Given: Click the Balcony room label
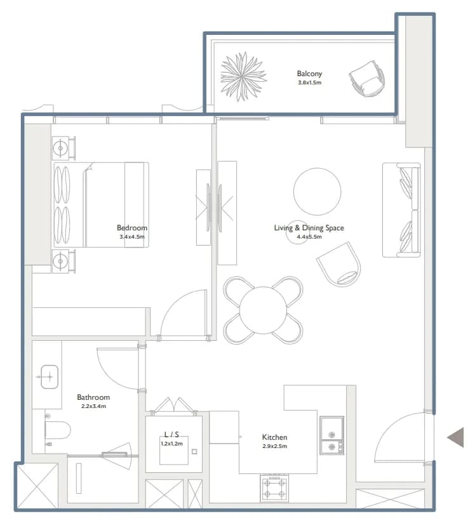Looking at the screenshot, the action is [309, 74].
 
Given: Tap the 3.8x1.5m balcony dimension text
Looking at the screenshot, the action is [310, 82].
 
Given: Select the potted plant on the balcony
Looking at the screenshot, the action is [243, 76].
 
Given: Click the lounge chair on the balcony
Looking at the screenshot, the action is [366, 79].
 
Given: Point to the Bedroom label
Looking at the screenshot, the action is [132, 228].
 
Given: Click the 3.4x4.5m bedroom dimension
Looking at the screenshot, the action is [132, 237].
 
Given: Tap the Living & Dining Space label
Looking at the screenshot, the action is [309, 228].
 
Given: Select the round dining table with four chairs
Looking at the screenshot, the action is [263, 310].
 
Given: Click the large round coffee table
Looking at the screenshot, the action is [317, 191].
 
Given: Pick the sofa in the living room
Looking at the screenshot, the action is [401, 210].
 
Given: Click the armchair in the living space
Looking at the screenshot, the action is [339, 265].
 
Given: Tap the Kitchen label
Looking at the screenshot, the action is [274, 437].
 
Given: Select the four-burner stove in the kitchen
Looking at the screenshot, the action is [274, 488].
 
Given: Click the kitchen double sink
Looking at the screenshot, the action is [332, 436].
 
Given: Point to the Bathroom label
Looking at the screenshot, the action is [93, 397].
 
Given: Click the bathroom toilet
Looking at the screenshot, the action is [58, 430].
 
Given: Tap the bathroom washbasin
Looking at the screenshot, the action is [49, 377].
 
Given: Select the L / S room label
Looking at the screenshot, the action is [171, 434].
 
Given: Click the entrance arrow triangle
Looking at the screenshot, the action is [455, 437].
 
